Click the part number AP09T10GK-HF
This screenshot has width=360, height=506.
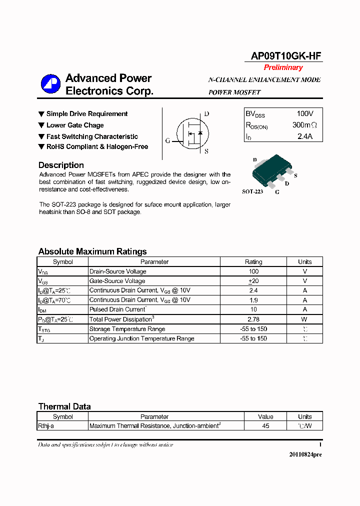click(286, 56)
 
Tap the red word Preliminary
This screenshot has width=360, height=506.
click(283, 67)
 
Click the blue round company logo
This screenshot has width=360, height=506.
click(50, 84)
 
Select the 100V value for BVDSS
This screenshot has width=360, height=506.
click(305, 114)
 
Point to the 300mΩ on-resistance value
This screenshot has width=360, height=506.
click(304, 125)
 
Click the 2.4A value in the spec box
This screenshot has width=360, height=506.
click(304, 136)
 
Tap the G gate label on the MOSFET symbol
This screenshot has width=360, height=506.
click(168, 140)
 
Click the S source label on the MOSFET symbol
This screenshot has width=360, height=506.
click(206, 151)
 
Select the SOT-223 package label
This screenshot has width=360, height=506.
click(252, 191)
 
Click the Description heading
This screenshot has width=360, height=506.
click(61, 165)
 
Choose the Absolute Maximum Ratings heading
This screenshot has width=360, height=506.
click(92, 251)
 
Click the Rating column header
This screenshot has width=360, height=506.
click(253, 261)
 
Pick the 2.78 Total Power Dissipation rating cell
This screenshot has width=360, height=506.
click(253, 319)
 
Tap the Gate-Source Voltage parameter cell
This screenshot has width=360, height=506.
click(117, 281)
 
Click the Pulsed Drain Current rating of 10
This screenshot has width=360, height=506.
click(253, 309)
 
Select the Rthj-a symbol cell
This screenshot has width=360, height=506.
click(46, 426)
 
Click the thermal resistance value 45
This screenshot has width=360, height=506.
click(265, 426)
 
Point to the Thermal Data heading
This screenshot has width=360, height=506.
click(64, 406)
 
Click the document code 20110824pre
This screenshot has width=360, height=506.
click(305, 454)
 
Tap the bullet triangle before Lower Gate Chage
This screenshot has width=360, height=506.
click(41, 125)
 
